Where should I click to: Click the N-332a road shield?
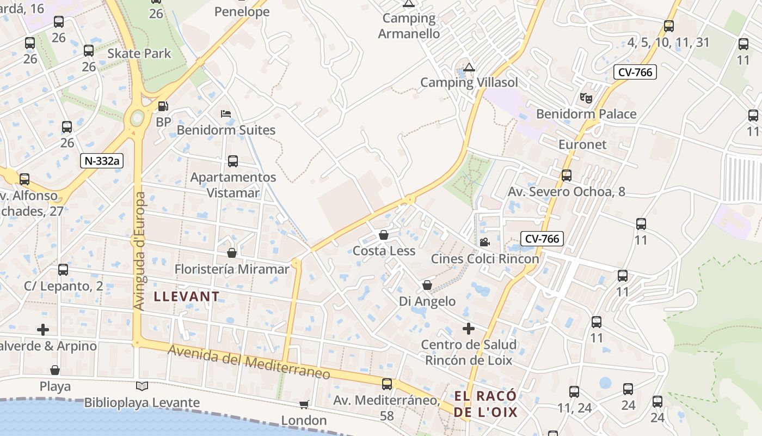(102, 161)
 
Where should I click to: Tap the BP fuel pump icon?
(163, 106)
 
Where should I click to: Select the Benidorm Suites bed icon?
(226, 114)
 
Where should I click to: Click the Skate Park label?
(139, 53)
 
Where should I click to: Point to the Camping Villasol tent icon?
(469, 68)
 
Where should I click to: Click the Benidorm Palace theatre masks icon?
(586, 98)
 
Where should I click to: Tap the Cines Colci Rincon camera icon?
(484, 242)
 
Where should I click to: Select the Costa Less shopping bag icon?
(384, 235)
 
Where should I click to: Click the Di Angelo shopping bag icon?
(427, 285)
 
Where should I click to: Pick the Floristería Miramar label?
(232, 269)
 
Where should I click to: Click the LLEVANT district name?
(187, 297)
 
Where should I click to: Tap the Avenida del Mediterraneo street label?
(249, 362)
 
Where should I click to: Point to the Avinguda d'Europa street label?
(139, 251)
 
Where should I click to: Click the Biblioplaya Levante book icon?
(142, 386)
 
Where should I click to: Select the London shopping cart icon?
(304, 404)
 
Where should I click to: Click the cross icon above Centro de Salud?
(468, 329)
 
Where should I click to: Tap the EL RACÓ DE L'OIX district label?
(486, 404)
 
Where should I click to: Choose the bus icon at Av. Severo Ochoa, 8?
(567, 175)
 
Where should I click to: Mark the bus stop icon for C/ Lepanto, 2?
(63, 270)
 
